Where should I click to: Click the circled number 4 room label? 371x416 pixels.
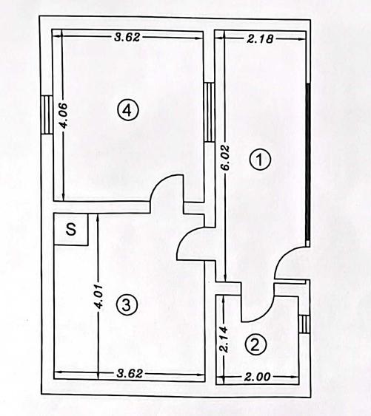[x=128, y=110]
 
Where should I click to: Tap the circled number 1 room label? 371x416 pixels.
[x=260, y=160]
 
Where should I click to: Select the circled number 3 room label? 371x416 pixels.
[x=127, y=304]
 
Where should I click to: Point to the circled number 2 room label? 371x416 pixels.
[x=255, y=345]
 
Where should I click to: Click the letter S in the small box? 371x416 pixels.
[x=71, y=229]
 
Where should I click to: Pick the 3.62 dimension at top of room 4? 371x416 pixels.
[x=127, y=37]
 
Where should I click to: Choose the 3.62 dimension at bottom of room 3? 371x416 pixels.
[x=130, y=374]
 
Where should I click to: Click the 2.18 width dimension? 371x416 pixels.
[x=260, y=38]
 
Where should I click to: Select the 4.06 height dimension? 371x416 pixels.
[x=64, y=116]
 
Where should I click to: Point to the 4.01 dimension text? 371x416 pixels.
[x=98, y=297]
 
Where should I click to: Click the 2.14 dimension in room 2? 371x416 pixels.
[x=224, y=339]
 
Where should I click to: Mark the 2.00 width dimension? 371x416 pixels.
[x=257, y=377]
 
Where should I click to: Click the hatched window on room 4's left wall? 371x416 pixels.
[x=47, y=115]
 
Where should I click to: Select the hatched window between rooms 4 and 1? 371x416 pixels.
[x=210, y=112]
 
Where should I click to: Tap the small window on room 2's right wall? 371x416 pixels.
[x=304, y=324]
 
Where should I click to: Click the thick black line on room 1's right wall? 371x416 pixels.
[x=308, y=162]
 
